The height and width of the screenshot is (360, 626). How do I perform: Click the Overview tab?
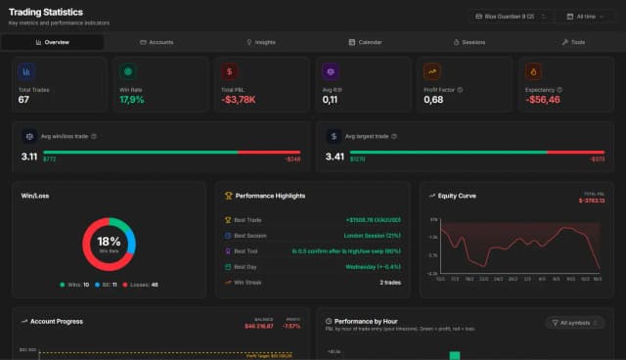tap(52, 42)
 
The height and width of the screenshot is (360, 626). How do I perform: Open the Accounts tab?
tap(156, 42)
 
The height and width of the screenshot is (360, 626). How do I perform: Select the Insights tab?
tap(261, 42)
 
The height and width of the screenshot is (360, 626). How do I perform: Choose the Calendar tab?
tap(365, 42)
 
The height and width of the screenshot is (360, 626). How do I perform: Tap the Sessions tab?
tap(469, 42)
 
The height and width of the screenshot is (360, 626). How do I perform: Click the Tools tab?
tap(573, 42)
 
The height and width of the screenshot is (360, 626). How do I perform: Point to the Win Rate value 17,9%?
tap(131, 100)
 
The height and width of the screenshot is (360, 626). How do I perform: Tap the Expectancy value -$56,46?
tap(543, 100)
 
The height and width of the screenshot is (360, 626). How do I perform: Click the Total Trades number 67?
tap(24, 100)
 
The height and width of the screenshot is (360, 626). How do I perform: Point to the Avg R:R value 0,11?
tap(330, 100)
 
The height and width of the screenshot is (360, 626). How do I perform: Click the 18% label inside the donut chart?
tap(108, 241)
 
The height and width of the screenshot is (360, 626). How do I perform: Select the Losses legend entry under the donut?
tap(140, 285)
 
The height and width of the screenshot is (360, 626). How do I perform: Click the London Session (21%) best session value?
tap(372, 236)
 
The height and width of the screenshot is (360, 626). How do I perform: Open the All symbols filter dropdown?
tap(575, 322)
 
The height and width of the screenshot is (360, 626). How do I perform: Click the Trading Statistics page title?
tap(46, 11)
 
